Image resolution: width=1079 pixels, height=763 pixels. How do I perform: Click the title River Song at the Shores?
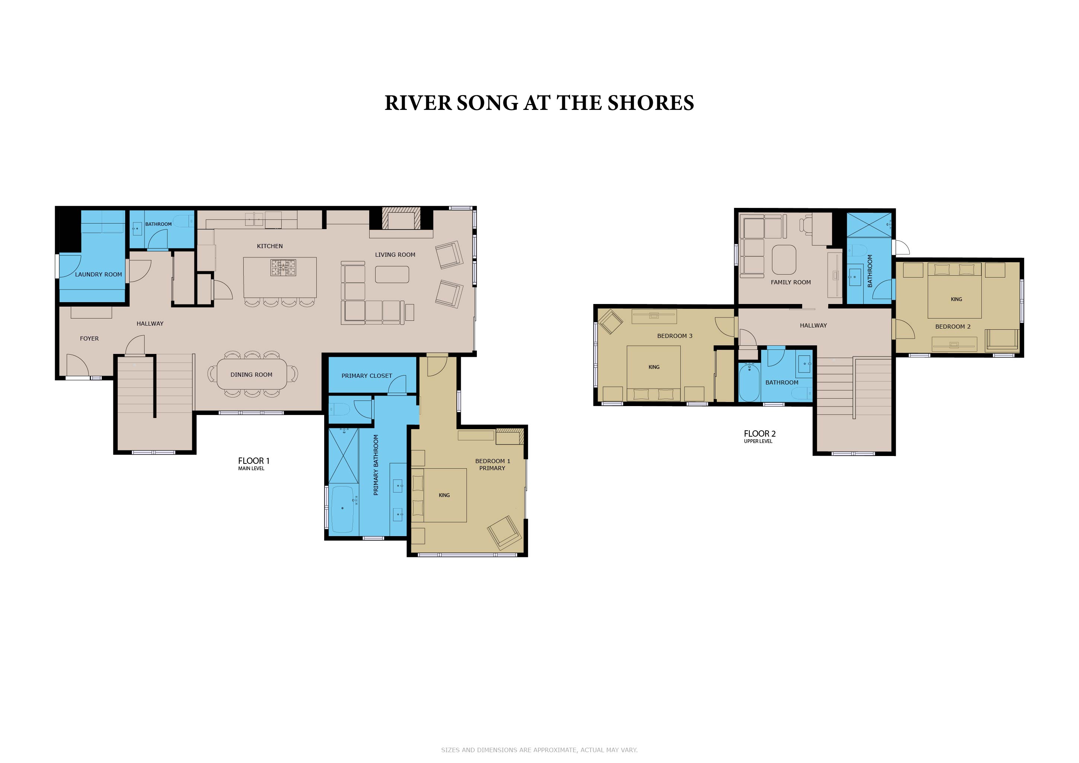pos(539,103)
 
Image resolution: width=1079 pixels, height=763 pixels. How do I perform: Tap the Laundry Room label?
pos(98,274)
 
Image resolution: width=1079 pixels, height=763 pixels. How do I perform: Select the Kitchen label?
pos(270,246)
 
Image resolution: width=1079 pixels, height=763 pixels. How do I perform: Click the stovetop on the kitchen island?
pos(284,268)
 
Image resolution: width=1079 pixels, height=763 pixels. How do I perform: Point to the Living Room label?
pos(395,255)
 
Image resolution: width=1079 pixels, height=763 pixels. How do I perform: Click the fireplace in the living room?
pos(401,219)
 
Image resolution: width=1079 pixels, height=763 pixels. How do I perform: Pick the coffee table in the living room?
pos(392,274)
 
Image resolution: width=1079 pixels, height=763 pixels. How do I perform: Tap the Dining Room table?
pos(251,374)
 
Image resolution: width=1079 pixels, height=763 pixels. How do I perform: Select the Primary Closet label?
pos(367,376)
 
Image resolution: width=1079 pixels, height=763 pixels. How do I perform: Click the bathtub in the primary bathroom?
pos(343,509)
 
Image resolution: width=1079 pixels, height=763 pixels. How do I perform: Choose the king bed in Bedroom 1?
pos(439,495)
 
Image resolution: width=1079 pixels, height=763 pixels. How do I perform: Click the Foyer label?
pos(89,338)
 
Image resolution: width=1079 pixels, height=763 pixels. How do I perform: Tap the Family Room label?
pos(791,282)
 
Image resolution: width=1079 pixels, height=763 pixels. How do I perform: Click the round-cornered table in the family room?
pos(784,260)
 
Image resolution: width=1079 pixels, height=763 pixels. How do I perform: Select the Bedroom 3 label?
pos(675,336)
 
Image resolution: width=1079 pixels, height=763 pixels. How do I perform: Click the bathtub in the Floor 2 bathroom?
pos(749,383)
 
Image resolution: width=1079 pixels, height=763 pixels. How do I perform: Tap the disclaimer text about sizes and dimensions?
pos(539,750)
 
